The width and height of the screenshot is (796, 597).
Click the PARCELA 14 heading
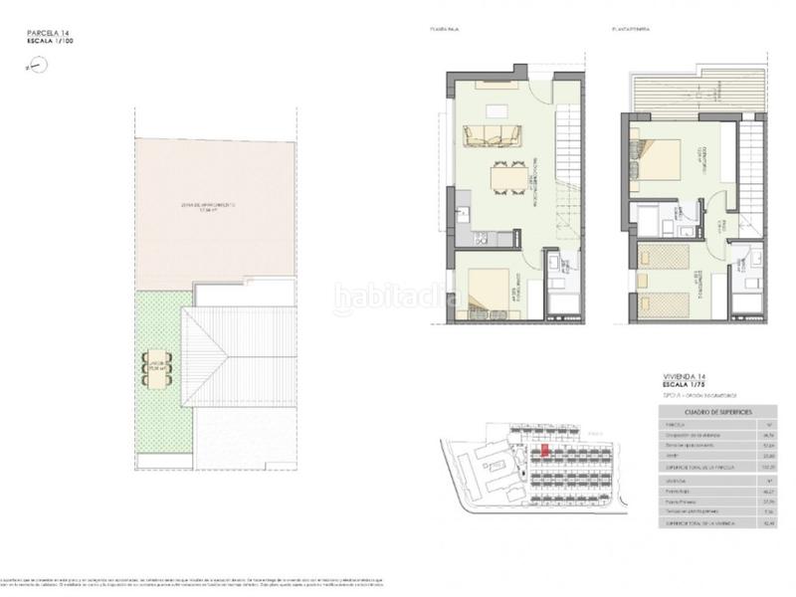pos(49,35)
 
